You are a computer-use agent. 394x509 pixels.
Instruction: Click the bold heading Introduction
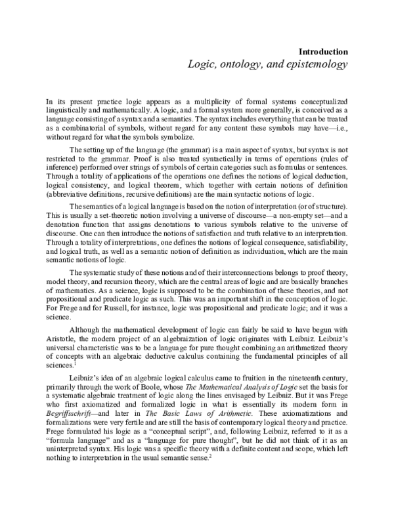point(322,51)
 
